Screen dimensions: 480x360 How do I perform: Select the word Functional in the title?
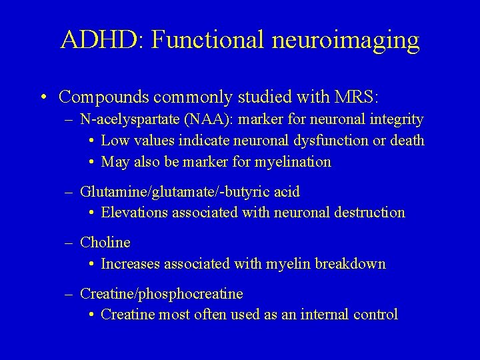209,40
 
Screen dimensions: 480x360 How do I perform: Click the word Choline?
105,243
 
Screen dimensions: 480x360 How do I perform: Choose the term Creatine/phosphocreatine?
161,294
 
